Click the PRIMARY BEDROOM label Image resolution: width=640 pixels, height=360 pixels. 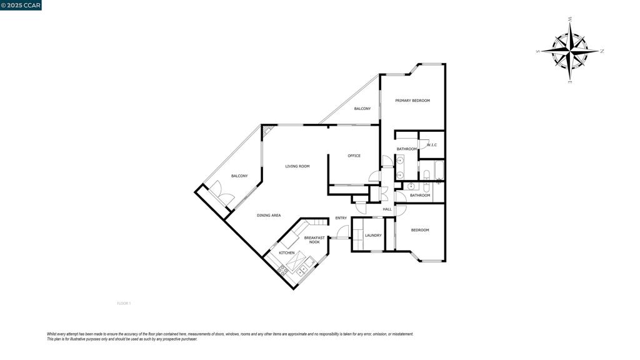pos(412,101)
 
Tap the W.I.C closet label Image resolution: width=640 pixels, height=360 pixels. pos(431,146)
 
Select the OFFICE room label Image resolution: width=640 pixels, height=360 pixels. pos(354,156)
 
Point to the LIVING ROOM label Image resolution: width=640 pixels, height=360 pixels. pos(297,166)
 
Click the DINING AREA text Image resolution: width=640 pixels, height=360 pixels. pos(268,216)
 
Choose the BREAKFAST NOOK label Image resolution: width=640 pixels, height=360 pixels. pos(314,239)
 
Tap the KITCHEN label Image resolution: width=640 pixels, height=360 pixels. pos(286,253)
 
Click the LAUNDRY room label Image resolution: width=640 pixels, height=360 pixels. pos(373,236)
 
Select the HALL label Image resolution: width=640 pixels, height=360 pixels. pos(387,209)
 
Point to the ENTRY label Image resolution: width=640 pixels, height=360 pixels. pos(341,218)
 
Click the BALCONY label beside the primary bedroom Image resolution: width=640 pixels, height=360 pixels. pos(362,109)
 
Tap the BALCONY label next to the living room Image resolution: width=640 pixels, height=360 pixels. pos(239,176)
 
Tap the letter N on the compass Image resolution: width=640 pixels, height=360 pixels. pos(601,51)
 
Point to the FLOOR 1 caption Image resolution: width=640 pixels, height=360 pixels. pos(124,304)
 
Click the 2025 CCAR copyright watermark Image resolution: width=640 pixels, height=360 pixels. pos(21,5)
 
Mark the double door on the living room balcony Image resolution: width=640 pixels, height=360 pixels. pos(221,192)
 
